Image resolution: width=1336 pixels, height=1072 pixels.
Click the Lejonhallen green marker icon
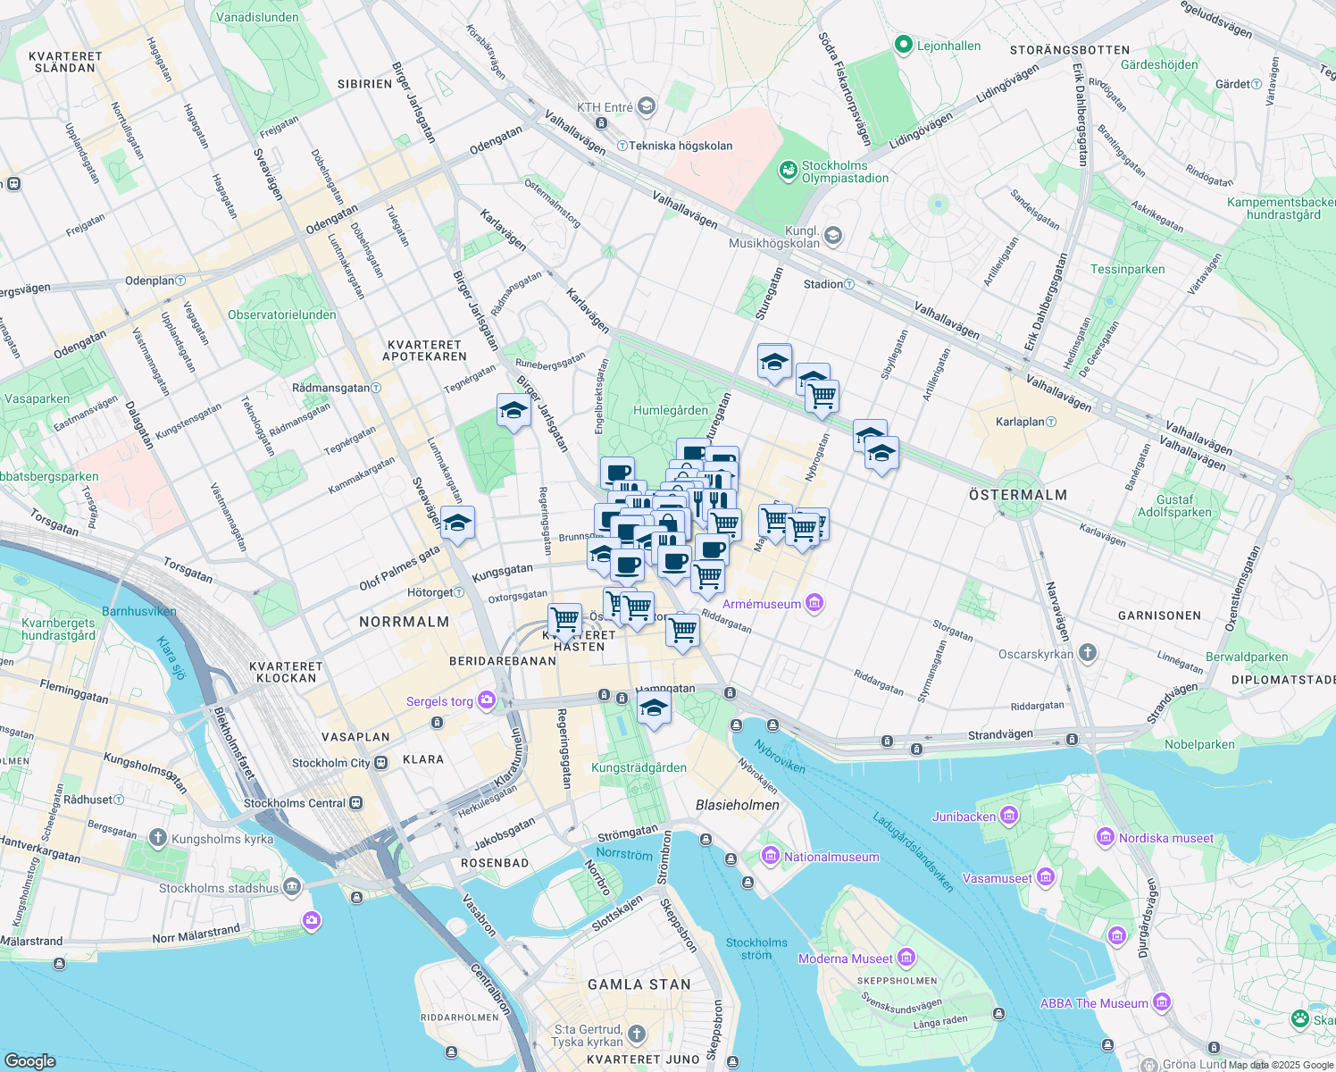(x=903, y=45)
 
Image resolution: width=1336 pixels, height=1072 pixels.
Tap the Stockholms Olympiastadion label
(x=845, y=172)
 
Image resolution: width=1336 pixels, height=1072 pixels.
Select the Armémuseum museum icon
(x=814, y=604)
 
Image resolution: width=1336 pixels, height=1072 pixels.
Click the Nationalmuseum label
(x=831, y=857)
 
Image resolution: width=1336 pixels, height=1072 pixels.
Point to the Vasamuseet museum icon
(x=1045, y=878)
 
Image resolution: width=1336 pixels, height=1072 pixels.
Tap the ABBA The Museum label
(x=1094, y=1003)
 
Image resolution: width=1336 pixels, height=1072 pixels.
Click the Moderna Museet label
(x=845, y=959)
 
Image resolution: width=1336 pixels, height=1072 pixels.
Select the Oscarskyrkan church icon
(x=1087, y=652)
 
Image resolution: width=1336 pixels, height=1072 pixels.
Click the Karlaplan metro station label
(x=1020, y=422)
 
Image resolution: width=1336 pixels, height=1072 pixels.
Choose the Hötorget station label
(x=430, y=592)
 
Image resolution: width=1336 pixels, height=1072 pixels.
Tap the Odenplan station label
(x=149, y=281)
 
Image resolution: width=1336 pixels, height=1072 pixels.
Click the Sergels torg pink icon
(x=487, y=700)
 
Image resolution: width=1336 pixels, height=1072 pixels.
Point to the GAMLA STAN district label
(x=639, y=984)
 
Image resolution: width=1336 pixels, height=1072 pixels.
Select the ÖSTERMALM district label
(x=1018, y=495)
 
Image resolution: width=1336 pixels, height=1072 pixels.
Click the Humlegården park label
(x=670, y=411)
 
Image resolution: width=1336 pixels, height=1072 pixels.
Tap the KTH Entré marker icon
(x=647, y=107)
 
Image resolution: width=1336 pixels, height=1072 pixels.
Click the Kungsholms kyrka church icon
(x=158, y=838)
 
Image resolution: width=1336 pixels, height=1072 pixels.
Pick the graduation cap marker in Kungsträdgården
(x=654, y=709)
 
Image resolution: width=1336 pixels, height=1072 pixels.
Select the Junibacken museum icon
(x=1009, y=816)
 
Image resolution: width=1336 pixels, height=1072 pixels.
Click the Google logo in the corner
(x=30, y=1060)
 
